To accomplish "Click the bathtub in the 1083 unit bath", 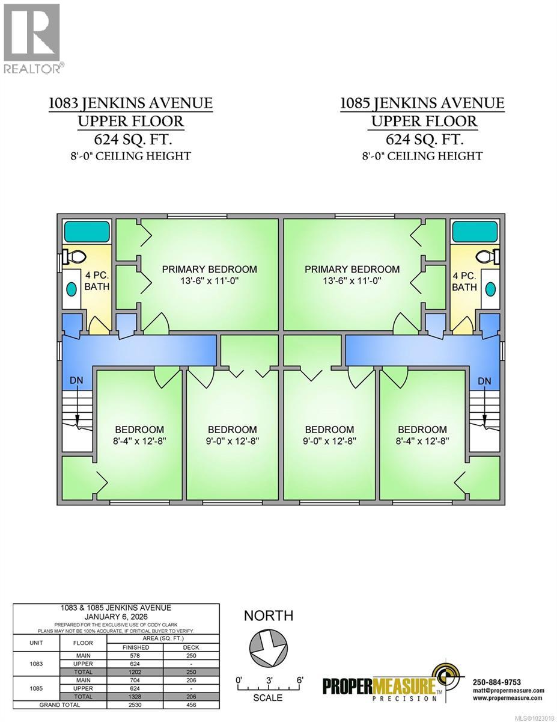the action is click(87, 232).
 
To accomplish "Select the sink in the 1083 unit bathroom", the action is click(72, 289).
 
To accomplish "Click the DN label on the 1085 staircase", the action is click(484, 381).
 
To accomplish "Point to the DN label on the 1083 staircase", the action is click(76, 380).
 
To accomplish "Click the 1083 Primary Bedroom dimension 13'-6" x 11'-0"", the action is click(209, 281).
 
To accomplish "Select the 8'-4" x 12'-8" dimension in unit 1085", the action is click(422, 441).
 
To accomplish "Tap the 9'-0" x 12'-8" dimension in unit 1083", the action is click(232, 441).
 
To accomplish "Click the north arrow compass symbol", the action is click(269, 650).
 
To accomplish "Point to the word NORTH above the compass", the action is click(269, 616).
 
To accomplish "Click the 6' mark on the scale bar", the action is click(300, 679).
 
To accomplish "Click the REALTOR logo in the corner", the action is click(32, 39).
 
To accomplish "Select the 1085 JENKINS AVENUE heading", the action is click(422, 103).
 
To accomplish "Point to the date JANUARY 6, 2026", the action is click(116, 617).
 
